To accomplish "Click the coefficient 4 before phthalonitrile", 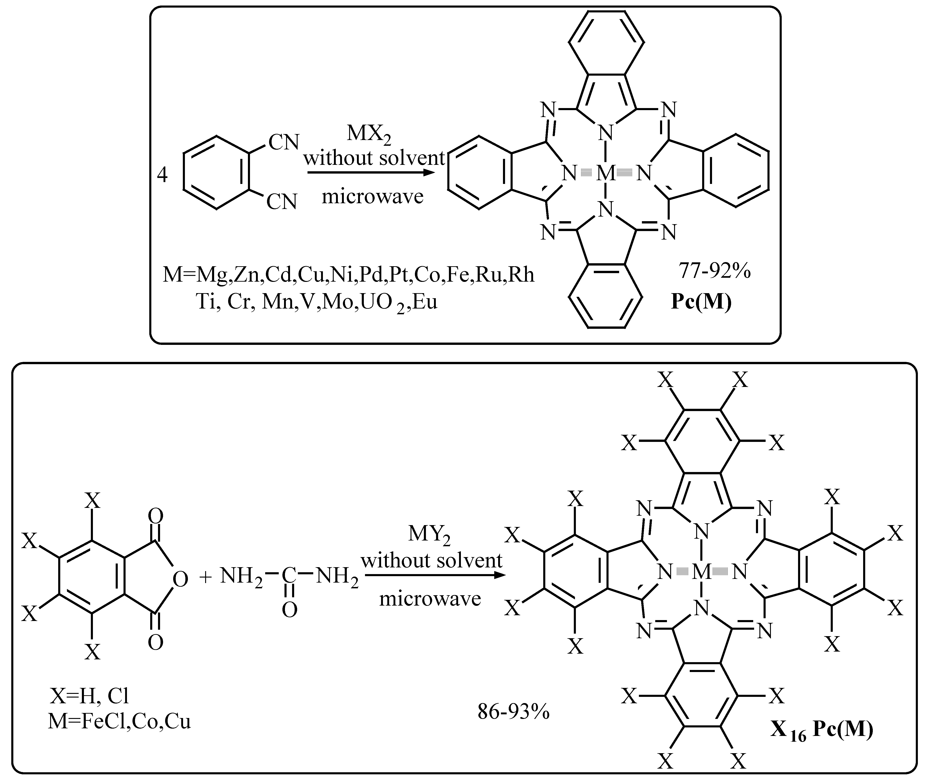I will tap(163, 176).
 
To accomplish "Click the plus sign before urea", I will tap(206, 576).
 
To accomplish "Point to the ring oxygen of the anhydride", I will tap(181, 579).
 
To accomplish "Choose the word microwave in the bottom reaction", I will tap(430, 599).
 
